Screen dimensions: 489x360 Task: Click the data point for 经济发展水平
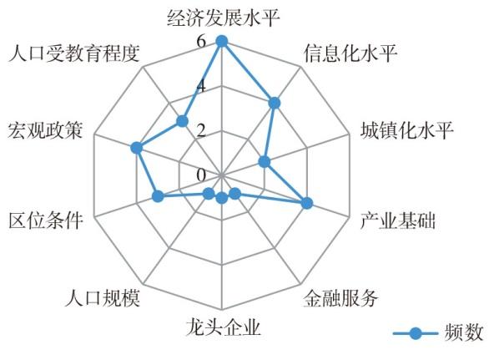point(222,41)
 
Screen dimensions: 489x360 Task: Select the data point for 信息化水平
point(275,103)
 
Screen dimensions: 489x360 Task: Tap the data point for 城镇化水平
point(265,162)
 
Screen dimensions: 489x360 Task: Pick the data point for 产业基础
point(307,203)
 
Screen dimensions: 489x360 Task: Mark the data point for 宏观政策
point(136,148)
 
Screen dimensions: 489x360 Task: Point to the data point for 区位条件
point(158,196)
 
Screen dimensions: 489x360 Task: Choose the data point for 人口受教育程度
point(182,121)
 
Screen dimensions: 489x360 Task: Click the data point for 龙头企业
point(222,198)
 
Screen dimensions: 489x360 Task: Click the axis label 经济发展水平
point(223,18)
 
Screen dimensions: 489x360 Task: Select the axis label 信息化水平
point(350,53)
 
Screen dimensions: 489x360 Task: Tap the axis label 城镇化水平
point(406,130)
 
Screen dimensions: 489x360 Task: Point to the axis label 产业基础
point(397,221)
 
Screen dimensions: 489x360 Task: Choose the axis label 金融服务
point(340,298)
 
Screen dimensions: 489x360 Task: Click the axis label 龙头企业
point(223,327)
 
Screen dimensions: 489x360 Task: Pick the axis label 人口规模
point(103,298)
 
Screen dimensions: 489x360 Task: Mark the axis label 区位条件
point(46,221)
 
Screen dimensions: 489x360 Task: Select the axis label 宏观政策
point(46,130)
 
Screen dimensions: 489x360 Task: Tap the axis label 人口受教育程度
point(73,53)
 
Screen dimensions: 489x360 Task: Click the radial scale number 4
point(201,86)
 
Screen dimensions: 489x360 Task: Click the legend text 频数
point(464,332)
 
